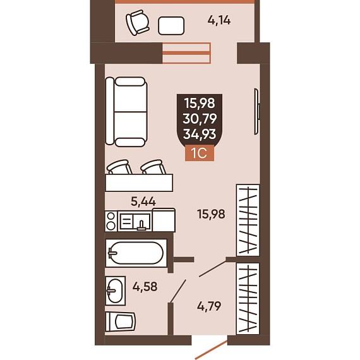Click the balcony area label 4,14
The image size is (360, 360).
click(219, 20)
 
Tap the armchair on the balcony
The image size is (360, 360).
click(138, 22)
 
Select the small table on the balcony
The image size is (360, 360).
click(171, 26)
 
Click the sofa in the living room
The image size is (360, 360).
click(126, 112)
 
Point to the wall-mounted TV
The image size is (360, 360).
click(256, 112)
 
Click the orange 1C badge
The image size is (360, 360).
click(200, 153)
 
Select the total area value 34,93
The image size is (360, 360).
click(200, 134)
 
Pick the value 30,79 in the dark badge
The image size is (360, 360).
click(200, 119)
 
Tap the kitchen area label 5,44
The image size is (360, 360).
click(143, 201)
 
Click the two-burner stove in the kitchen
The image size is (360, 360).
click(111, 221)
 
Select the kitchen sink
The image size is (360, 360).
click(135, 221)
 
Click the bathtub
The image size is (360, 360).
click(136, 253)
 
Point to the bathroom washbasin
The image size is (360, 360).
click(115, 291)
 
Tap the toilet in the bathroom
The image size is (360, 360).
click(120, 321)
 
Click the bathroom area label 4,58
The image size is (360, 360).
click(145, 287)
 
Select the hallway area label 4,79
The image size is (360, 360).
click(209, 306)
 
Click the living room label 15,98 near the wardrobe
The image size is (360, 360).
click(211, 213)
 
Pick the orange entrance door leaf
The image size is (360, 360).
click(212, 350)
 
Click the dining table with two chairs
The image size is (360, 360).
click(139, 176)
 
